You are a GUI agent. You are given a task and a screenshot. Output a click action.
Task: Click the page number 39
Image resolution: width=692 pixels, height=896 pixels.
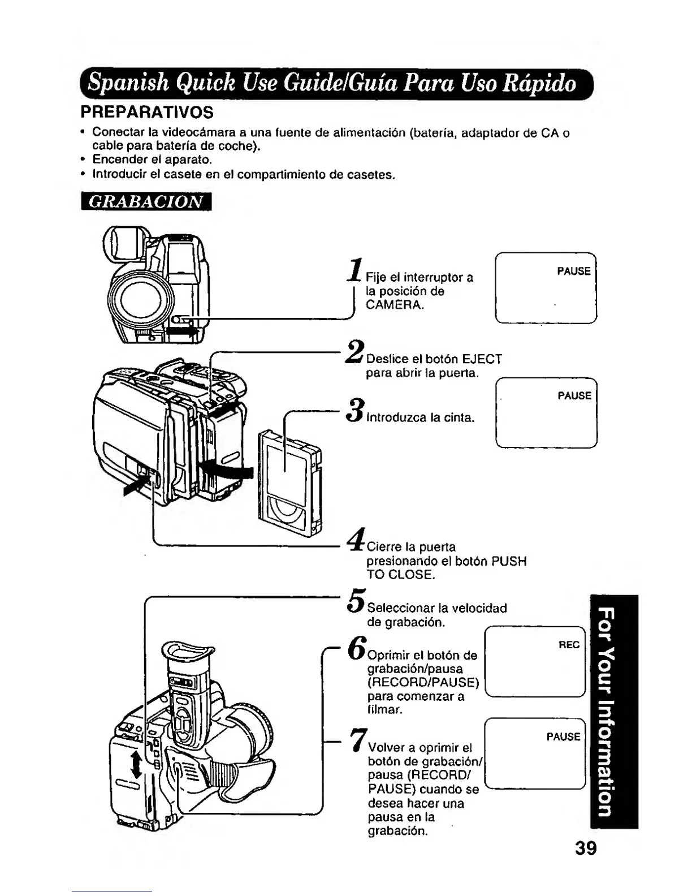[586, 849]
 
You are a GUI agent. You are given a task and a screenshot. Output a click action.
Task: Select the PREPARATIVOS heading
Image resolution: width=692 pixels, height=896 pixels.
[147, 112]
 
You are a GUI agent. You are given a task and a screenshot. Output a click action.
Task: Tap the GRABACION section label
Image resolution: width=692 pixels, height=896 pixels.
[146, 201]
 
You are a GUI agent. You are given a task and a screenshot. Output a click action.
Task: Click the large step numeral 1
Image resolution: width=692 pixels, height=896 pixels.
[356, 270]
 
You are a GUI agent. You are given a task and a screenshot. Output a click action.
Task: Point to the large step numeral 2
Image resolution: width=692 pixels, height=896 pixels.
[355, 353]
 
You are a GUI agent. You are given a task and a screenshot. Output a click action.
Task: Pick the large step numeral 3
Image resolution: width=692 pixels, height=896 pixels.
[356, 411]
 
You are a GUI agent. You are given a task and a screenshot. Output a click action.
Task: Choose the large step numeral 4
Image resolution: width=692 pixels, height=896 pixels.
[356, 540]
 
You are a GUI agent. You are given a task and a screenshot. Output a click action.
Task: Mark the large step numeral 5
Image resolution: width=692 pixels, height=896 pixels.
[356, 601]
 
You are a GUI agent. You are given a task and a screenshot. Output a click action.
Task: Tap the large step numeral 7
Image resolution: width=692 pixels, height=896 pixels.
[357, 739]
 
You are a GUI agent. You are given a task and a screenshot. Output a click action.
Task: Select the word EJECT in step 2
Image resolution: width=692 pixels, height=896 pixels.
[482, 359]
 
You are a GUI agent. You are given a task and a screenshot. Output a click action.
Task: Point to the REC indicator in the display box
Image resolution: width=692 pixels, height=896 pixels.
[569, 645]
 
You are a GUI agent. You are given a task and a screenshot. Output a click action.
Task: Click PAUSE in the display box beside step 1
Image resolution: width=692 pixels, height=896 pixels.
[573, 272]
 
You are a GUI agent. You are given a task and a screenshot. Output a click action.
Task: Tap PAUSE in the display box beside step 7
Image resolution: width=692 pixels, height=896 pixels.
[563, 737]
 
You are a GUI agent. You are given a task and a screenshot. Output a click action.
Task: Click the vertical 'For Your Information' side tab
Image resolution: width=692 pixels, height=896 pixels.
[613, 712]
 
